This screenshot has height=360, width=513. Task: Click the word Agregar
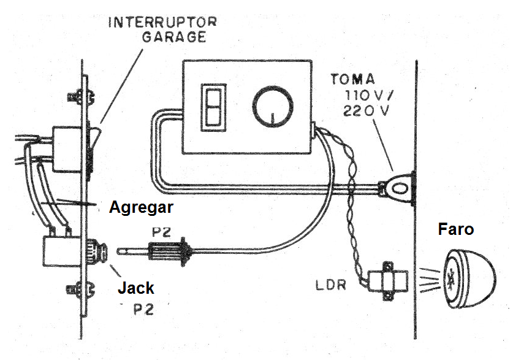[141, 208]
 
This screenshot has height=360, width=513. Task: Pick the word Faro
[456, 229]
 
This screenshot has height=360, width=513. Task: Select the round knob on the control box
[271, 109]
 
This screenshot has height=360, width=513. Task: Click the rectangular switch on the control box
[211, 107]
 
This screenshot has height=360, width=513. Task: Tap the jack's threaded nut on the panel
[98, 251]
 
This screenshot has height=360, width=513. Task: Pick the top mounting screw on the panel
[80, 97]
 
